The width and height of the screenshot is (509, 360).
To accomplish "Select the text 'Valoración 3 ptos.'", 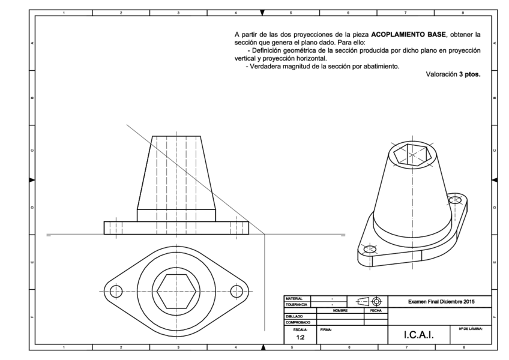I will click(x=453, y=75).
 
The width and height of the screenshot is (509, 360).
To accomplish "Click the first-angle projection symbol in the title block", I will click(x=368, y=302).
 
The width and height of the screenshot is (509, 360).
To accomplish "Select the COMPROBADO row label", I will click(x=298, y=322).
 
